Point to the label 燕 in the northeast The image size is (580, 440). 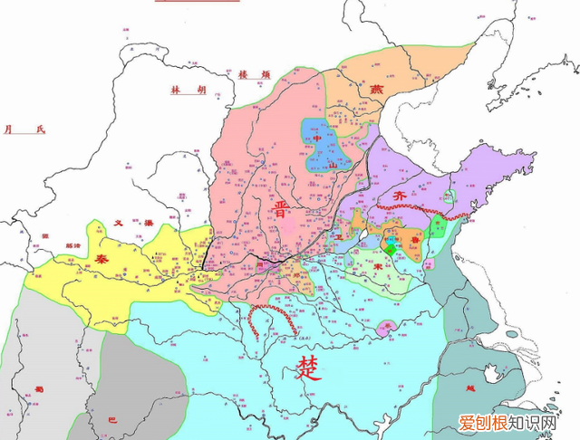pyautogui.click(x=376, y=90)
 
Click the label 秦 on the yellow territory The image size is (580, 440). pyautogui.click(x=101, y=258)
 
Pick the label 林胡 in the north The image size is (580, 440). pyautogui.click(x=189, y=91)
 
